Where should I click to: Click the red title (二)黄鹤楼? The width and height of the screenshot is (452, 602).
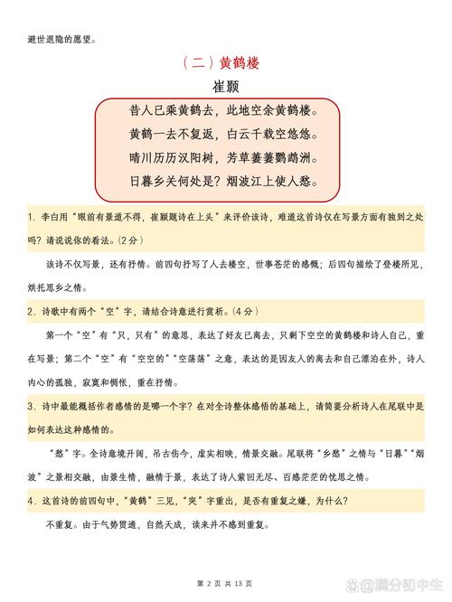pos(225,62)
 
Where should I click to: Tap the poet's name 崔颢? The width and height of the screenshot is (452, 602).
pos(225,87)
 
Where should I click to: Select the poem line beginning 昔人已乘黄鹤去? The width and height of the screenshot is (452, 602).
pos(224,111)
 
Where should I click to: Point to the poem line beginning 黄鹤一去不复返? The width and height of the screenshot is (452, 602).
pos(224,134)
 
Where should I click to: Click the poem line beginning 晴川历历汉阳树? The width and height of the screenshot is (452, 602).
pos(224,157)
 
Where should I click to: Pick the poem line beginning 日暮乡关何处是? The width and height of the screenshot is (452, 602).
pos(224,181)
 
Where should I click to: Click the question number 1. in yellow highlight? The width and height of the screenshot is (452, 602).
pos(32,218)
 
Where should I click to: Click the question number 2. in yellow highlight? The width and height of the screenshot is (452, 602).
pos(32,311)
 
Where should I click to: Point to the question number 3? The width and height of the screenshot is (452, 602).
pos(32,406)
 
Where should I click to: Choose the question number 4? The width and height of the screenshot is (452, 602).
pos(32,501)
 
